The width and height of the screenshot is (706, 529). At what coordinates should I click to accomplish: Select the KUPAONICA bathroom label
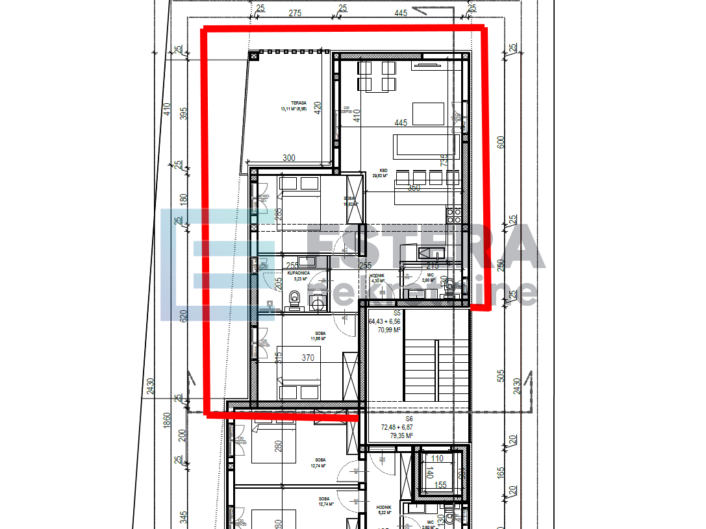[299, 275]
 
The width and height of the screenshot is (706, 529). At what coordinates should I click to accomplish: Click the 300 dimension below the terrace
[288, 158]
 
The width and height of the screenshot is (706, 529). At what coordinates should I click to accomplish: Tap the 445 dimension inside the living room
[400, 123]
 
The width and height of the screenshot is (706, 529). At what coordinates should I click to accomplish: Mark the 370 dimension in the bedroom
[308, 358]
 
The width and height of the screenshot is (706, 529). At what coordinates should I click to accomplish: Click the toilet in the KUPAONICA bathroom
[295, 299]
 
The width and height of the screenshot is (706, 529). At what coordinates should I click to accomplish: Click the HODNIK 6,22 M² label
[384, 510]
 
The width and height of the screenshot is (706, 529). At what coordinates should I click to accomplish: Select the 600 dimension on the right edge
[501, 142]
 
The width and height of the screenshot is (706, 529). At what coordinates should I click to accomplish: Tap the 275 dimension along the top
[296, 12]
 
